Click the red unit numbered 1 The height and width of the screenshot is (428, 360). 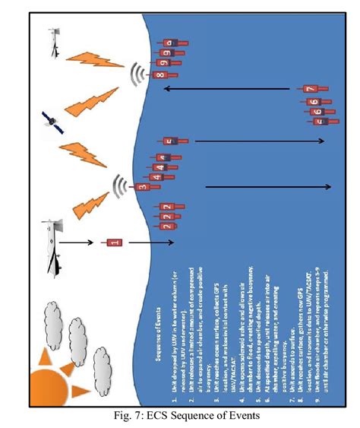click(112, 243)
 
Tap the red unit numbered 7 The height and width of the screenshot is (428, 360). click(310, 90)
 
